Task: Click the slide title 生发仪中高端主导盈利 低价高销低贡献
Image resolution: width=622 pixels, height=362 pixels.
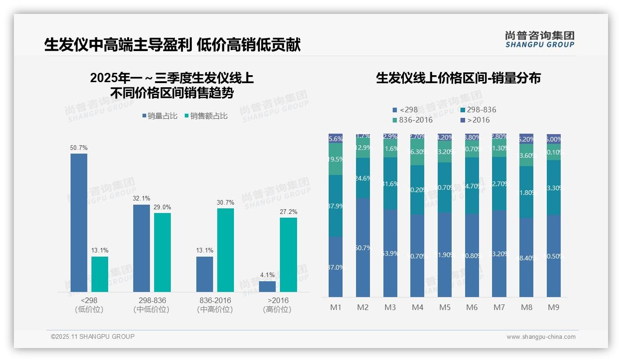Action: [x=172, y=45]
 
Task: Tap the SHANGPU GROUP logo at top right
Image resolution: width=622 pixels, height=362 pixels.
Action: [x=539, y=39]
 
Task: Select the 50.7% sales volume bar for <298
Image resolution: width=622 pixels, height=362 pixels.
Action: [x=79, y=222]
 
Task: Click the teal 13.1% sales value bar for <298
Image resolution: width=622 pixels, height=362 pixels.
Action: [x=100, y=274]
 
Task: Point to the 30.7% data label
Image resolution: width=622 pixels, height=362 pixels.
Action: [x=225, y=203]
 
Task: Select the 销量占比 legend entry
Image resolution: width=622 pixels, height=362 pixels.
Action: [x=159, y=116]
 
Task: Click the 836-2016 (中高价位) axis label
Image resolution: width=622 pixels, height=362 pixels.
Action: [x=215, y=305]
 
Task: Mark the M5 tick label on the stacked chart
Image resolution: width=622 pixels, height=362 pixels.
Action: [x=445, y=307]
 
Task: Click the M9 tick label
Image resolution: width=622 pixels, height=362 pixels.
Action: [x=553, y=307]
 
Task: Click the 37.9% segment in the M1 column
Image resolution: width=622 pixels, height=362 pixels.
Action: [x=336, y=206]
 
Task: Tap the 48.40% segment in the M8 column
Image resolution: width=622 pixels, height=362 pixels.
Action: [x=526, y=258]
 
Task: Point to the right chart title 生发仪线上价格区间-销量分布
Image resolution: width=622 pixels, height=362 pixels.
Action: [x=458, y=78]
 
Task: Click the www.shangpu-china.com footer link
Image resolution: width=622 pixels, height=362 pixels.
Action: [x=541, y=337]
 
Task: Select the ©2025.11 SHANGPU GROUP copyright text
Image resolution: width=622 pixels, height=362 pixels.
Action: [x=93, y=336]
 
